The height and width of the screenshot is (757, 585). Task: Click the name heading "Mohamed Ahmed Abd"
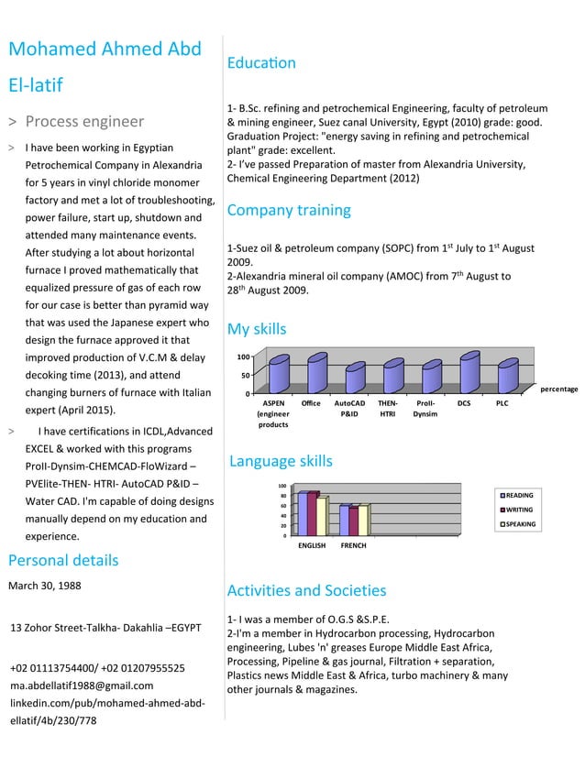pyautogui.click(x=105, y=49)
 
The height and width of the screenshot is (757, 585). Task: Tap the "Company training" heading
pyautogui.click(x=288, y=210)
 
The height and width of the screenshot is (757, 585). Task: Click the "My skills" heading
pyautogui.click(x=256, y=329)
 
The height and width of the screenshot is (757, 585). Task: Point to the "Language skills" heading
pyautogui.click(x=280, y=461)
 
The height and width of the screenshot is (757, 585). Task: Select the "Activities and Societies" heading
pyautogui.click(x=305, y=590)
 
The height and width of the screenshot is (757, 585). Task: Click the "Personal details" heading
pyautogui.click(x=62, y=560)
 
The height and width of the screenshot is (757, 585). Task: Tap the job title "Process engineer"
pyautogui.click(x=84, y=121)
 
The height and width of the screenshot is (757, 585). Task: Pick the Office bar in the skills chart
pyautogui.click(x=317, y=373)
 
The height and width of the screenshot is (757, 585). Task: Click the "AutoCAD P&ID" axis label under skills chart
pyautogui.click(x=349, y=408)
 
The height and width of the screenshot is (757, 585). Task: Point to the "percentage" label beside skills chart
pyautogui.click(x=558, y=389)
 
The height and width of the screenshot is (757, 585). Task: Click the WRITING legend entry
pyautogui.click(x=518, y=510)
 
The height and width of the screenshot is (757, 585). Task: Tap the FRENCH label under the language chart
pyautogui.click(x=353, y=545)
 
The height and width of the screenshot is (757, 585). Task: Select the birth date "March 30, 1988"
pyautogui.click(x=44, y=586)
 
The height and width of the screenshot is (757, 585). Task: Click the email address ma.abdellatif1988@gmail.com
pyautogui.click(x=82, y=685)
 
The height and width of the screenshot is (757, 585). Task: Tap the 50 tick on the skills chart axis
pyautogui.click(x=244, y=376)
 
